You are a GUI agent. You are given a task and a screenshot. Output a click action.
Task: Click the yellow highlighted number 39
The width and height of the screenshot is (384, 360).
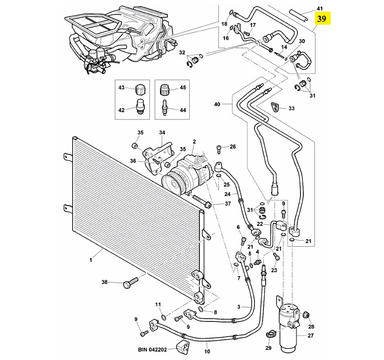[322, 19]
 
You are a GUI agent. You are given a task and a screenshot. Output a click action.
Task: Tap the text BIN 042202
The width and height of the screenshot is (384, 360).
[152, 349]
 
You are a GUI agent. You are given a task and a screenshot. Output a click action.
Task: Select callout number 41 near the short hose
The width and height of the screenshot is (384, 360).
[319, 8]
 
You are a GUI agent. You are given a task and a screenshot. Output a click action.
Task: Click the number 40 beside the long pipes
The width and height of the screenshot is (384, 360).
[217, 104]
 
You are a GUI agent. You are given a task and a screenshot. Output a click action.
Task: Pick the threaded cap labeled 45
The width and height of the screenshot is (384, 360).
[165, 89]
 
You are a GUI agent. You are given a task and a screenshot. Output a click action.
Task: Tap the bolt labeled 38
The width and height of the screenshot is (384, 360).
[131, 283]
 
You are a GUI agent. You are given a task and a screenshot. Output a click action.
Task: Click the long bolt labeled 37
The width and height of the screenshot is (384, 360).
[202, 201]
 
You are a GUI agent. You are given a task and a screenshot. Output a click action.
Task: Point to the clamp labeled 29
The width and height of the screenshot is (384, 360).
[271, 334]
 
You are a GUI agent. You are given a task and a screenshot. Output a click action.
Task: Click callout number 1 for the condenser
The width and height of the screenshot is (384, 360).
[91, 260]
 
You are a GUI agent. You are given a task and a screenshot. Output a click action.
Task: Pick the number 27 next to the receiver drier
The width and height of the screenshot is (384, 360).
[310, 335]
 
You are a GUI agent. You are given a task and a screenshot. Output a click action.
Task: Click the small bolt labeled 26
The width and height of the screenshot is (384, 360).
[219, 149]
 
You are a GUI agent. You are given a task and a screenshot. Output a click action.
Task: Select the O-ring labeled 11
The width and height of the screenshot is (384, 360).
[164, 317]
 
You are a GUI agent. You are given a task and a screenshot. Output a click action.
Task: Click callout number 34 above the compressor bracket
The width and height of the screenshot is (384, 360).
[162, 132]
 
